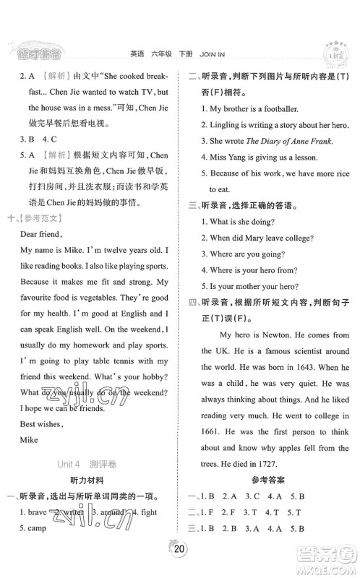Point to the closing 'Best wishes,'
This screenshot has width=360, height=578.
pos(43,418)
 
